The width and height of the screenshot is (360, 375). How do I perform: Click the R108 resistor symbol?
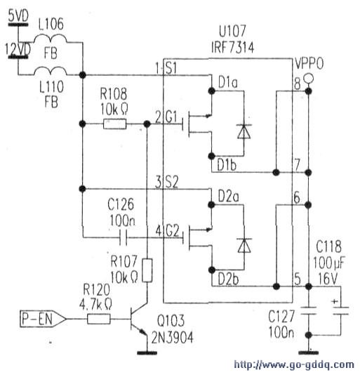pyautogui.click(x=115, y=124)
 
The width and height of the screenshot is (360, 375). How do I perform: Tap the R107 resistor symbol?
pyautogui.click(x=147, y=270)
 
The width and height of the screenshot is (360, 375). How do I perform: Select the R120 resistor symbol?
pyautogui.click(x=99, y=319)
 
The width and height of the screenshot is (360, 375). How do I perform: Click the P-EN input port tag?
pyautogui.click(x=43, y=319)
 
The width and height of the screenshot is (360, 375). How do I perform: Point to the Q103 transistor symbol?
pyautogui.click(x=139, y=320)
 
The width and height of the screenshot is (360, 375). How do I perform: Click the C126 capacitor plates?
pyautogui.click(x=123, y=237)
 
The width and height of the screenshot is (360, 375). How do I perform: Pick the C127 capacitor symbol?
pyautogui.click(x=309, y=310)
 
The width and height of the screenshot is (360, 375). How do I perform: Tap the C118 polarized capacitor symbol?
pyautogui.click(x=340, y=310)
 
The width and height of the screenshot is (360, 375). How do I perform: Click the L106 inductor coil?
pyautogui.click(x=51, y=39)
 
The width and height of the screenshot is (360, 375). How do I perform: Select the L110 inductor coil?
pyautogui.click(x=51, y=71)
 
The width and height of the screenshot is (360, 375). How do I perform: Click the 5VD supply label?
pyautogui.click(x=18, y=16)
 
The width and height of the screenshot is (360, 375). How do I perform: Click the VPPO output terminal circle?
pyautogui.click(x=308, y=78)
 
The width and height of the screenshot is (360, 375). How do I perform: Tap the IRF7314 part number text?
pyautogui.click(x=232, y=47)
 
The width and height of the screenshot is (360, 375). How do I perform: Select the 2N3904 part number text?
pyautogui.click(x=173, y=338)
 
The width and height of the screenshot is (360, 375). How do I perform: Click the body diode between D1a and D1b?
pyautogui.click(x=244, y=131)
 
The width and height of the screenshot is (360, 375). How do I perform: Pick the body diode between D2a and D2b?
pyautogui.click(x=244, y=245)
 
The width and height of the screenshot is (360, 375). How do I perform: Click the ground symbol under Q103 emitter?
pyautogui.click(x=147, y=353)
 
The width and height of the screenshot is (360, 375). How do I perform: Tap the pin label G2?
pyautogui.click(x=172, y=231)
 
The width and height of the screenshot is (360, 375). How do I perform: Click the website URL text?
pyautogui.click(x=294, y=365)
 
